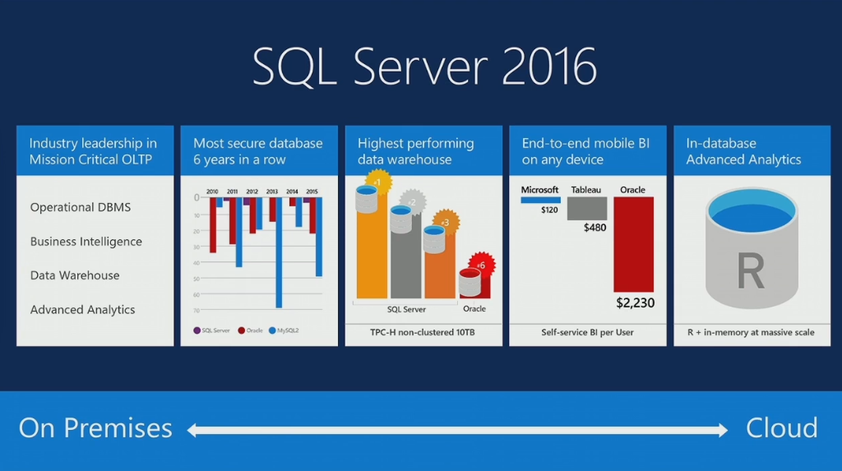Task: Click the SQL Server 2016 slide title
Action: [424, 67]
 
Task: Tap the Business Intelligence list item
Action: [86, 242]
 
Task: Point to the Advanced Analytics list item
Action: [82, 310]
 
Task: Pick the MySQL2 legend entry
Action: [282, 330]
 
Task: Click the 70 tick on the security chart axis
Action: [197, 310]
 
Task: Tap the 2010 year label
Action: [213, 191]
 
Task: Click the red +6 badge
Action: [480, 265]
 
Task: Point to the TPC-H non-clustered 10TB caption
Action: [423, 333]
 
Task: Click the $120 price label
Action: [549, 210]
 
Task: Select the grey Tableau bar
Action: [587, 208]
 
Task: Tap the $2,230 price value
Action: [635, 303]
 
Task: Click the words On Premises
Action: [95, 428]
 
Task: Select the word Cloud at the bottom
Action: [781, 428]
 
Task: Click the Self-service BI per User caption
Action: [587, 333]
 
